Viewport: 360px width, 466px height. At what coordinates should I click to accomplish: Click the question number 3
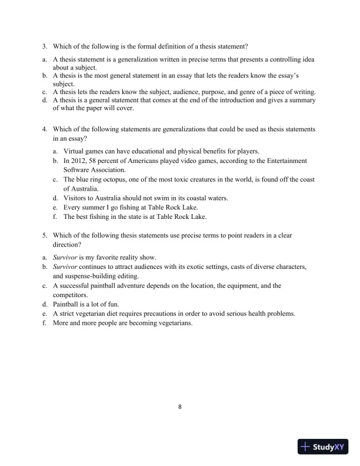click(x=44, y=46)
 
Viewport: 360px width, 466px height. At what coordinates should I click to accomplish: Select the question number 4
click(x=44, y=128)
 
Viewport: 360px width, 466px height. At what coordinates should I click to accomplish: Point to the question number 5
click(x=44, y=235)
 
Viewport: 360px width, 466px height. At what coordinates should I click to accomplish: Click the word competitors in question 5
click(x=71, y=295)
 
